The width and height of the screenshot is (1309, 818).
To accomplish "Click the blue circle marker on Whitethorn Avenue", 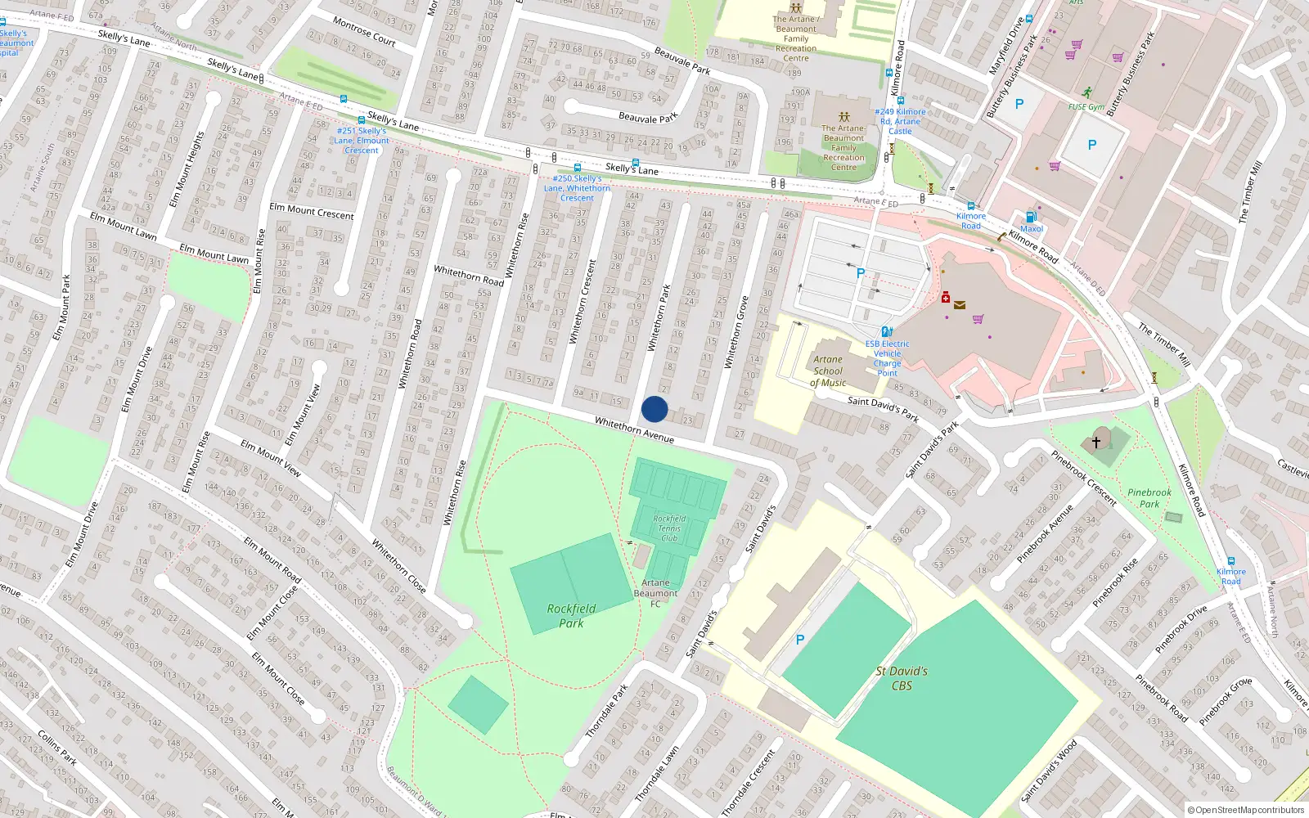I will (654, 409).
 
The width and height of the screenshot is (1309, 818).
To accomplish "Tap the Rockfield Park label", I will (571, 616).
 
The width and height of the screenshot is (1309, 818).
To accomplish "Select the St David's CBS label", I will (902, 678).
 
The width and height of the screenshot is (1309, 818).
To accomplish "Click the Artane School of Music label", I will (828, 371).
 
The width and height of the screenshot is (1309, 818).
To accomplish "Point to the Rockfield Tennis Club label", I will (669, 528).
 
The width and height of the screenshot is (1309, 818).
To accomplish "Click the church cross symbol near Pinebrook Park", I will (1096, 442).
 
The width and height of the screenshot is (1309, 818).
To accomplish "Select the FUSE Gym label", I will (1086, 107).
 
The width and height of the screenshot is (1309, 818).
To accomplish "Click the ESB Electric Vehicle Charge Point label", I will (887, 358).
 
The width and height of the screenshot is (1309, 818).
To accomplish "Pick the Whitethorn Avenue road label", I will (634, 429).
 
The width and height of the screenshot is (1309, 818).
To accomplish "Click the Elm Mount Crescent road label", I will (312, 211).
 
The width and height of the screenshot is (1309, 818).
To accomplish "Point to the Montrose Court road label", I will (364, 31).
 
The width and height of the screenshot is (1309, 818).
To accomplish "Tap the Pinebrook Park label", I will (1149, 498).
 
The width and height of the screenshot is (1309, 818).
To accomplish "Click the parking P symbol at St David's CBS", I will (800, 640).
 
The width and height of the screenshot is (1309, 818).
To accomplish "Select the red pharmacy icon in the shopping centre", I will (946, 297).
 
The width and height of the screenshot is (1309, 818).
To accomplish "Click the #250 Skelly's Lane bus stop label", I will (577, 188).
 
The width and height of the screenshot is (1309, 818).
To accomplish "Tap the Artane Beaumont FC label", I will (655, 593).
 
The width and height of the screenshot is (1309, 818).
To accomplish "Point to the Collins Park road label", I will (57, 748).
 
